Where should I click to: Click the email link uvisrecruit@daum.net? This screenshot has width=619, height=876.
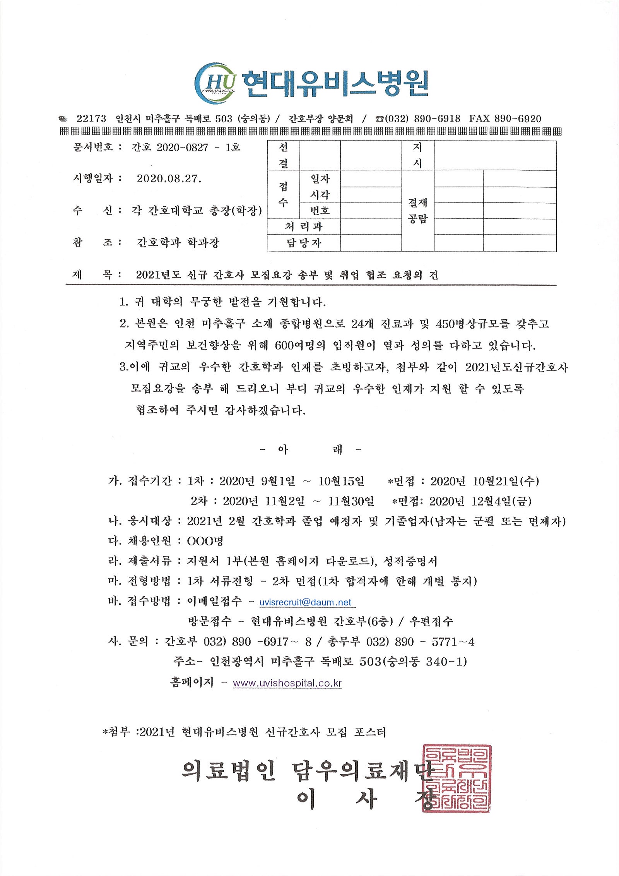(x=305, y=602)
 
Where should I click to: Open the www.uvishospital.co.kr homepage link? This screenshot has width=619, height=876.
(x=287, y=683)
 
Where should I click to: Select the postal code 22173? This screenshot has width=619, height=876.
(x=91, y=119)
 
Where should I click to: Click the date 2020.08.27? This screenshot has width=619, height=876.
(x=169, y=179)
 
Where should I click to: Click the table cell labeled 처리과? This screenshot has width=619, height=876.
(x=304, y=226)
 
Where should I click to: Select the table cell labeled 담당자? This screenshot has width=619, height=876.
(x=304, y=243)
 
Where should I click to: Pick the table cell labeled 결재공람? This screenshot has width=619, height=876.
(x=417, y=211)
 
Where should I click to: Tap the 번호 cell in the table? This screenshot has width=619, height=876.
(x=320, y=211)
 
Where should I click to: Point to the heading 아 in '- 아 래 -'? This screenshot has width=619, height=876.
(x=283, y=449)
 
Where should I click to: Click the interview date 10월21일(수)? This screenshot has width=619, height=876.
(x=506, y=481)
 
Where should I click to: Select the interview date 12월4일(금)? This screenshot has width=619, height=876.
(x=501, y=501)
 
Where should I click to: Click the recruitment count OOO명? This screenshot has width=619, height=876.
(x=205, y=541)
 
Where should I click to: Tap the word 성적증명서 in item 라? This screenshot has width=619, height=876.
(x=410, y=561)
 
